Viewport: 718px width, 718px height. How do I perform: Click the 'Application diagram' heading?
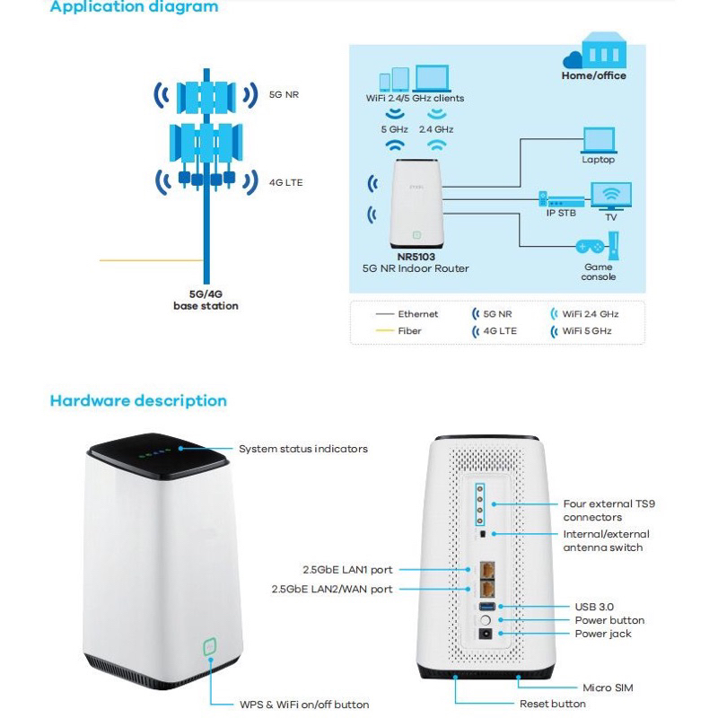(x=134, y=7)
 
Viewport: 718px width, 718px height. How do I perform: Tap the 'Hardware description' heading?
(x=138, y=401)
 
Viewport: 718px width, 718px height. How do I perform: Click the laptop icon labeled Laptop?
(x=599, y=140)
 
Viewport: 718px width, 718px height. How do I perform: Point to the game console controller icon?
(x=591, y=245)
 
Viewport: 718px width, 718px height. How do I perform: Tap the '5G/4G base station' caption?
(x=206, y=300)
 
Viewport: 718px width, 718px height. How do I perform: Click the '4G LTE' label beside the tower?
(x=286, y=181)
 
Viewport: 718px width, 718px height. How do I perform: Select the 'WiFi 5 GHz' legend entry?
(x=587, y=331)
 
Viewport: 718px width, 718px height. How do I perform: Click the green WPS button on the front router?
(x=209, y=646)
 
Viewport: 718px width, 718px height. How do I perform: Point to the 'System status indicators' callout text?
(x=302, y=449)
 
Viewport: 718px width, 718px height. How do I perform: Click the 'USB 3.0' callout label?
(x=593, y=607)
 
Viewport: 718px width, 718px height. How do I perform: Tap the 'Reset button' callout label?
(x=553, y=704)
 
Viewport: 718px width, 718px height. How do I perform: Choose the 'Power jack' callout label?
(x=602, y=634)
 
